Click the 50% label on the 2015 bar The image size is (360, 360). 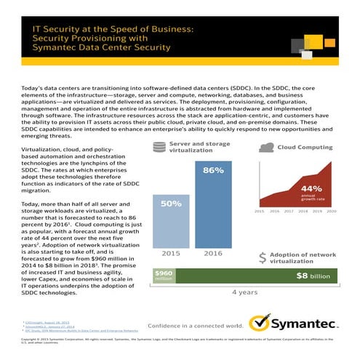[170, 204]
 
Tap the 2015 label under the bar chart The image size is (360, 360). [171, 253]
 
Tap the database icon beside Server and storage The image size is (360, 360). [158, 148]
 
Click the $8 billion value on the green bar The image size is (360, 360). [313, 276]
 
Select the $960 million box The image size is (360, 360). [164, 276]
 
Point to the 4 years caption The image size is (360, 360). [244, 292]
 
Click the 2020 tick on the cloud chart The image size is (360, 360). [332, 212]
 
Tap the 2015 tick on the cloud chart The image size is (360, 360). [258, 212]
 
